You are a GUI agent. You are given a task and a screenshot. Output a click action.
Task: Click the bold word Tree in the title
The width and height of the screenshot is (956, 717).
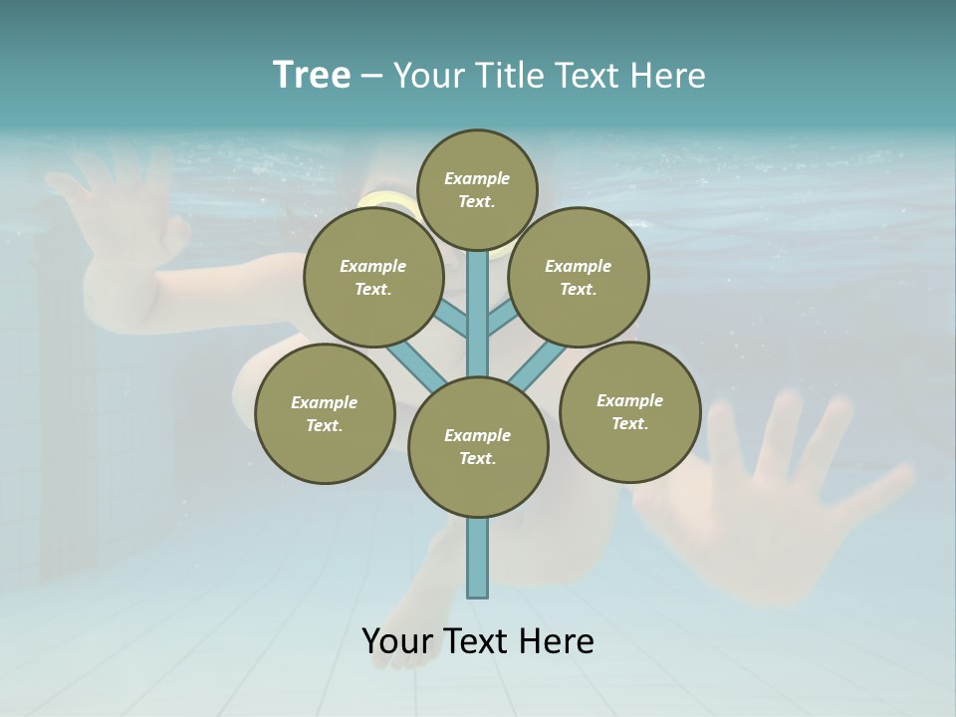(x=312, y=76)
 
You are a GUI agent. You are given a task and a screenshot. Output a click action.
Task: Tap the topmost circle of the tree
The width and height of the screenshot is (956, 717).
(x=477, y=189)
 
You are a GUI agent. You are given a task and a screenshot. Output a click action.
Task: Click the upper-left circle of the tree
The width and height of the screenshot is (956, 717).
(x=372, y=277)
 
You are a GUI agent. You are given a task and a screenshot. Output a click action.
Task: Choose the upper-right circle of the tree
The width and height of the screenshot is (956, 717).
(x=578, y=277)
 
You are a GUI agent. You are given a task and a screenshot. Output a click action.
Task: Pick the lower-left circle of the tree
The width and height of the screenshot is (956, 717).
(x=324, y=413)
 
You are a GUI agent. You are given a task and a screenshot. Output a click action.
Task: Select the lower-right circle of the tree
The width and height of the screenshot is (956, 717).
(x=629, y=411)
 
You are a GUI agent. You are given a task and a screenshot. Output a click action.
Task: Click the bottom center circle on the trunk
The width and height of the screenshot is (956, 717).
(x=477, y=446)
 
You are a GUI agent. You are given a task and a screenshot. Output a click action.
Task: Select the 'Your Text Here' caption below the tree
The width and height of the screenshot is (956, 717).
(x=477, y=641)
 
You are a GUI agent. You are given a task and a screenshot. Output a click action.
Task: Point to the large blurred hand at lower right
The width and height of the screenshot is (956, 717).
(x=767, y=498)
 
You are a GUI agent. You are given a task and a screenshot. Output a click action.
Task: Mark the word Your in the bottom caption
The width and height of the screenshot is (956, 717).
(x=398, y=641)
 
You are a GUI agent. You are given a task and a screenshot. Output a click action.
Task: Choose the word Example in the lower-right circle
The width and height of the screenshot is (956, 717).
(x=629, y=400)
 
